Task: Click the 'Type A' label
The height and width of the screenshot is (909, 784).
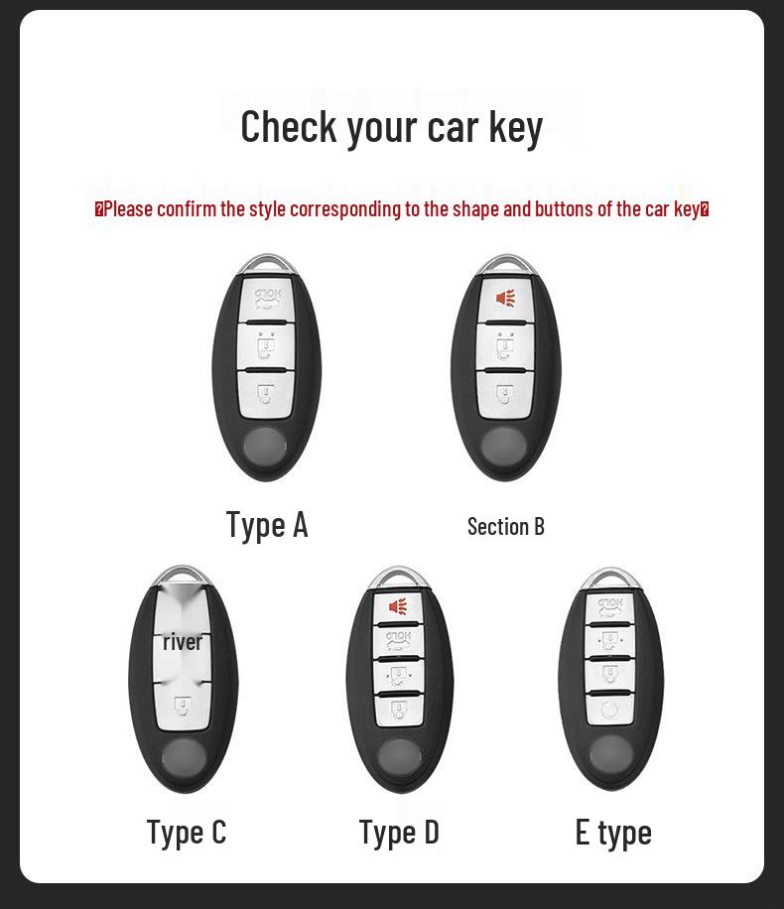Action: pyautogui.click(x=267, y=526)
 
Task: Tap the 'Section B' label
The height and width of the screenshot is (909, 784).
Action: pyautogui.click(x=506, y=526)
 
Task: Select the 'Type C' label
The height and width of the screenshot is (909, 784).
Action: pyautogui.click(x=187, y=833)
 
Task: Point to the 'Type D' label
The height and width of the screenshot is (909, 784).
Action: pyautogui.click(x=399, y=833)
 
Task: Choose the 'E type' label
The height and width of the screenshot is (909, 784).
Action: pyautogui.click(x=613, y=833)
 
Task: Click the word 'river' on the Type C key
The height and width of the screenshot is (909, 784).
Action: pyautogui.click(x=183, y=642)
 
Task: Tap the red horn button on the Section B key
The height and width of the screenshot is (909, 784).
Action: pyautogui.click(x=506, y=299)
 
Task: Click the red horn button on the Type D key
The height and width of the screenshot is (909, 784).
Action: pyautogui.click(x=398, y=607)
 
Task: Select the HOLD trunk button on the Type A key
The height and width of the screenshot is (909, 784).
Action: pyautogui.click(x=267, y=299)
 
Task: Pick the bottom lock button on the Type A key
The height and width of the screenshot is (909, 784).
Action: pyautogui.click(x=266, y=394)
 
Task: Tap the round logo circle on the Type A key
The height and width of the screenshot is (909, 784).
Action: pyautogui.click(x=266, y=447)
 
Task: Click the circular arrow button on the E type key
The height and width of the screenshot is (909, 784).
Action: pyautogui.click(x=610, y=709)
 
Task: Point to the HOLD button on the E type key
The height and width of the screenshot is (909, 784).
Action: pyautogui.click(x=610, y=607)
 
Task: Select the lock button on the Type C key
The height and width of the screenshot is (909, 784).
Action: pyautogui.click(x=183, y=708)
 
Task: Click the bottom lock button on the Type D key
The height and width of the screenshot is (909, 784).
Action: pyautogui.click(x=399, y=710)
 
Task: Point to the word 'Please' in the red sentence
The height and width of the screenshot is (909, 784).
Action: pyautogui.click(x=129, y=208)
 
